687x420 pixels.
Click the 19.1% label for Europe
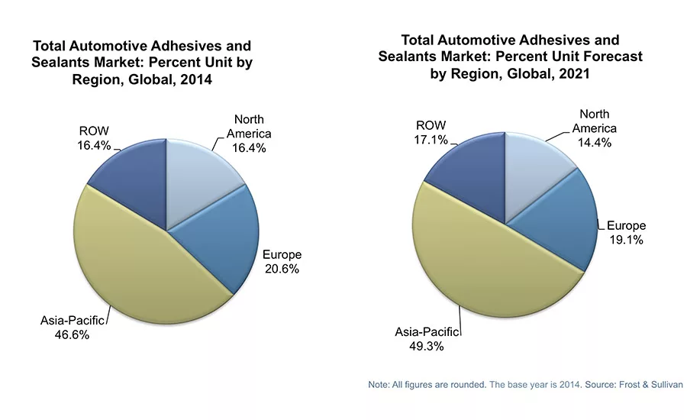click(626, 240)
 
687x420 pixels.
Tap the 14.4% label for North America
click(594, 142)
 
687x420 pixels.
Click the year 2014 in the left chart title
click(194, 79)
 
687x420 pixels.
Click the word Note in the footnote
click(380, 385)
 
